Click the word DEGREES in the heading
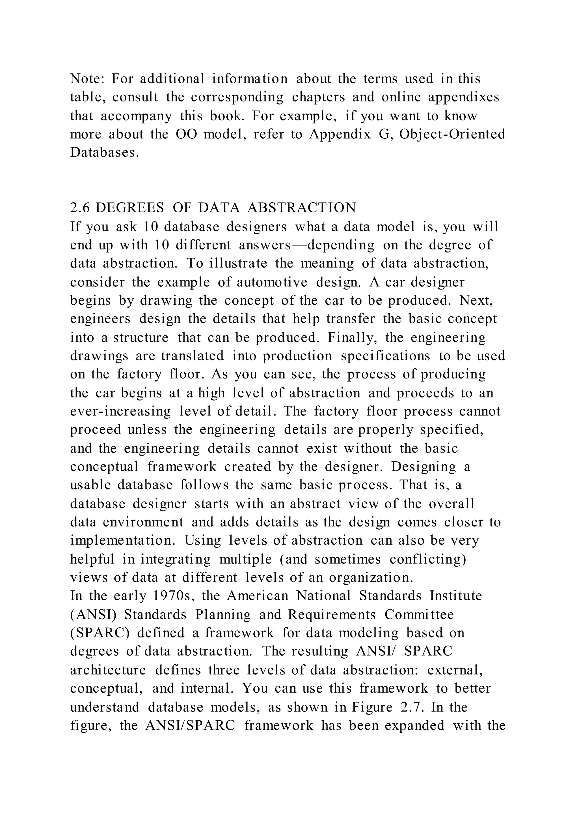pyautogui.click(x=130, y=208)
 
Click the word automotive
pyautogui.click(x=272, y=282)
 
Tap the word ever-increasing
pyautogui.click(x=120, y=412)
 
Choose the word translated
pyautogui.click(x=193, y=356)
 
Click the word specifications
pyautogui.click(x=385, y=356)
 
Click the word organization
pyautogui.click(x=371, y=578)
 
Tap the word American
pyautogui.click(x=258, y=596)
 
